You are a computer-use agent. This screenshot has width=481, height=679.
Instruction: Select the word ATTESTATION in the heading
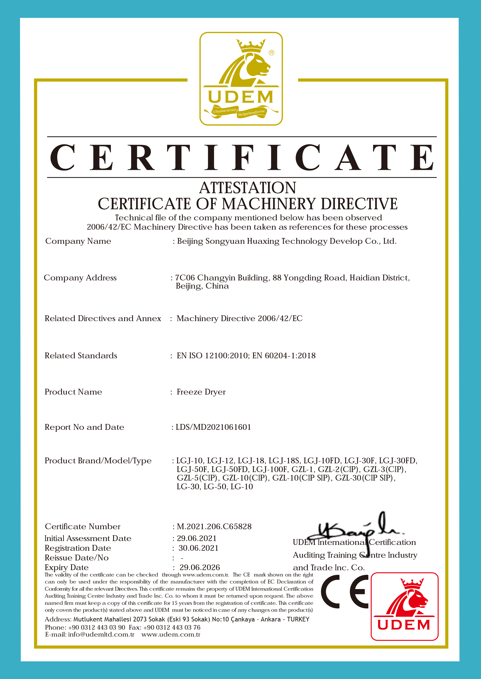tap(247, 188)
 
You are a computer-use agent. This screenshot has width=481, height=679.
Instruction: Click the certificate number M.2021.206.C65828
tap(214, 526)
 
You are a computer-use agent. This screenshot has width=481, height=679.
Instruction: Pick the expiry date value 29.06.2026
tap(200, 567)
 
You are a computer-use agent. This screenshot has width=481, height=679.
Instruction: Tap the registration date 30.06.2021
tap(198, 548)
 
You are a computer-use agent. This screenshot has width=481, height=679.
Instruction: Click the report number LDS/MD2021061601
tap(213, 427)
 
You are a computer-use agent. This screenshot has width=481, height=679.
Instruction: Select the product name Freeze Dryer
tap(201, 392)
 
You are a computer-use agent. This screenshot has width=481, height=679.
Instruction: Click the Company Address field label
tap(80, 278)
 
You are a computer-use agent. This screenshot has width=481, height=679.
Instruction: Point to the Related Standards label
tap(81, 355)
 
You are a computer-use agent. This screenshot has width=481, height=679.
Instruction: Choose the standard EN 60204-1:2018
tap(284, 355)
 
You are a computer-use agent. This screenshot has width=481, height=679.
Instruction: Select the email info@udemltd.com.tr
tap(101, 634)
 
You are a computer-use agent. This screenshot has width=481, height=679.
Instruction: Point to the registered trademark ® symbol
tap(271, 53)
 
